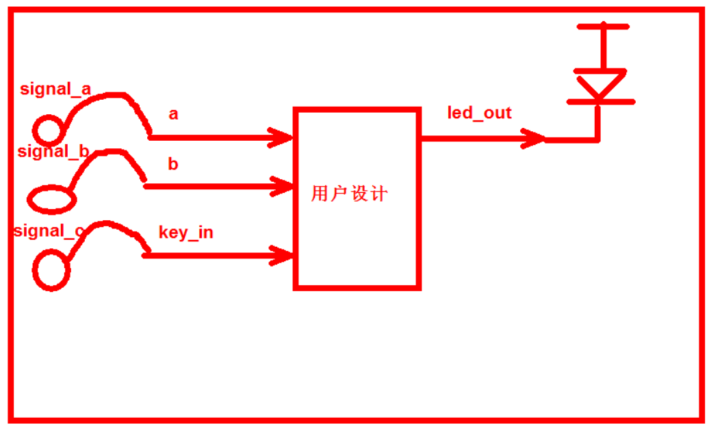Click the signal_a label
coord(55,89)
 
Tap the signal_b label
coord(53,151)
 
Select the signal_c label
coord(49,231)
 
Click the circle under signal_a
coord(48,129)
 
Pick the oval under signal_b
coord(50,199)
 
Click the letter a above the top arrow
coord(173,114)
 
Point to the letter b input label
coord(173,164)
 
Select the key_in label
coord(185,232)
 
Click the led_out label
coord(479,113)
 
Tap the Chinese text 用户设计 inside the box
coord(349,194)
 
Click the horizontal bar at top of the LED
coord(602,27)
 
